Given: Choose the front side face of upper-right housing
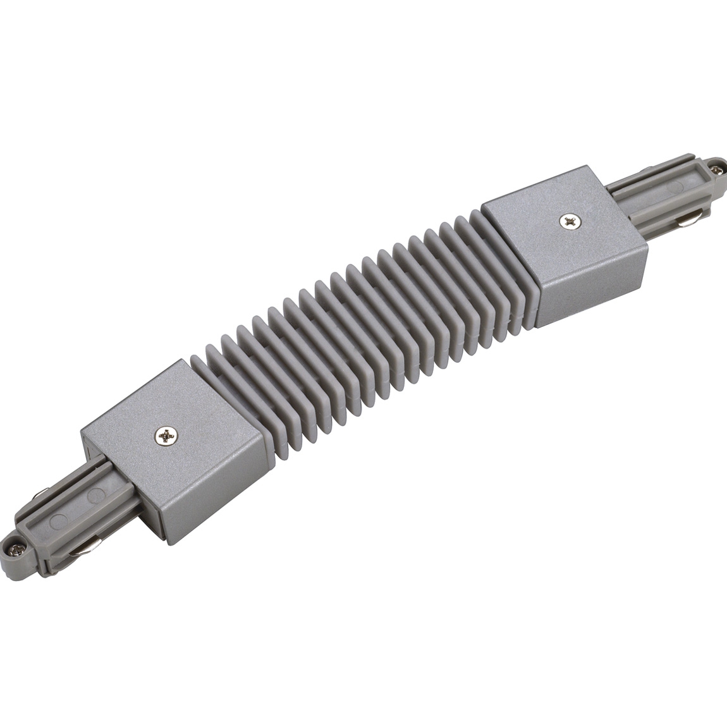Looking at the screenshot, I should pyautogui.click(x=591, y=291).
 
